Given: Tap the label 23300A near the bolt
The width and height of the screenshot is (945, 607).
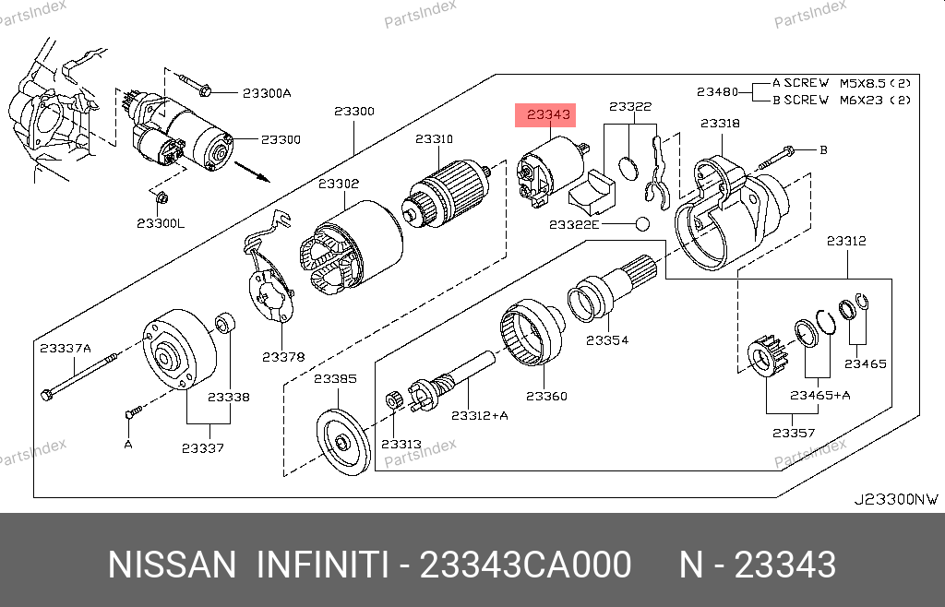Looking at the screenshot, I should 267,92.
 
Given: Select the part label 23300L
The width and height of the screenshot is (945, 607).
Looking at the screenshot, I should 161,223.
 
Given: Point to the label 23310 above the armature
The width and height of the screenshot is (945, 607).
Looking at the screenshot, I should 434,139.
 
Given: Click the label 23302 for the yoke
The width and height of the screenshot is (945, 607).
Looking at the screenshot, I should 339,184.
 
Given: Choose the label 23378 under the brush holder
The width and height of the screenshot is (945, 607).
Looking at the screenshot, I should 282,356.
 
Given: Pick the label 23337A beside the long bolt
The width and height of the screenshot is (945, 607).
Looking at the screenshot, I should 66,348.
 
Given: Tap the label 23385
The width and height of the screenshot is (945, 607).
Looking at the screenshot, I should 335,378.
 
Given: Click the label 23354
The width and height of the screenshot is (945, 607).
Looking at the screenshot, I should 607,339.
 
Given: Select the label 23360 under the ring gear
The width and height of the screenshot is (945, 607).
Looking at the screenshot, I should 546,396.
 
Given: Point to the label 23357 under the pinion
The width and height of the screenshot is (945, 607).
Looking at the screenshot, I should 793,432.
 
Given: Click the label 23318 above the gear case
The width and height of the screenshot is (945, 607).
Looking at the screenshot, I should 720,123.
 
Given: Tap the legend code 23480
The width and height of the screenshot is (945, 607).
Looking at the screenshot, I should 717,91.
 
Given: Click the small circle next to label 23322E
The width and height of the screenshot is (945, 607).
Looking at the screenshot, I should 642,224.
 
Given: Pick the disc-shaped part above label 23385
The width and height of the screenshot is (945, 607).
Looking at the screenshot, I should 342,444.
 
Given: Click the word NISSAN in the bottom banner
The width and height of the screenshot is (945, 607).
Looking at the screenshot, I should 172,565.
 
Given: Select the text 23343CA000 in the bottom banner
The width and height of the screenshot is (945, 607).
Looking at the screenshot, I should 525,565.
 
